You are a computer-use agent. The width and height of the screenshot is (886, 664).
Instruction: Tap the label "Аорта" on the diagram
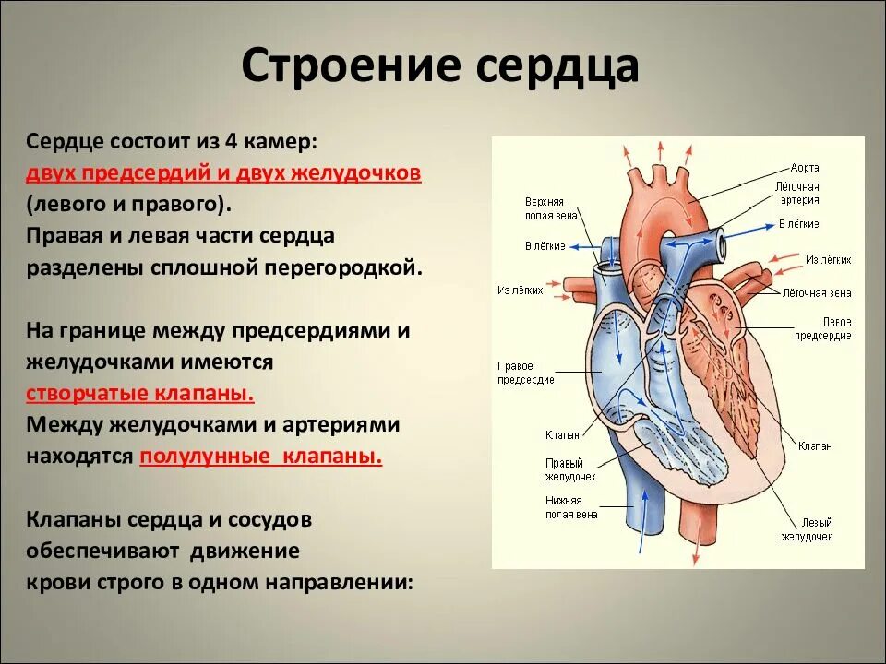point(804,168)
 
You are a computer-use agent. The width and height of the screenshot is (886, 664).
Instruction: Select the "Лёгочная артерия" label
point(797,193)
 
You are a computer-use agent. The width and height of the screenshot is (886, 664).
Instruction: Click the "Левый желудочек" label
point(806,528)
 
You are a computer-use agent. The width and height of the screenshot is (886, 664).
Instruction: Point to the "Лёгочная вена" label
point(817,292)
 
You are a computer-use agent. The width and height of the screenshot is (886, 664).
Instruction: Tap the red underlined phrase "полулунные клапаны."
point(260,456)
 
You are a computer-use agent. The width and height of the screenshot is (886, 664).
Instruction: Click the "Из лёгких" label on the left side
point(520,290)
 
